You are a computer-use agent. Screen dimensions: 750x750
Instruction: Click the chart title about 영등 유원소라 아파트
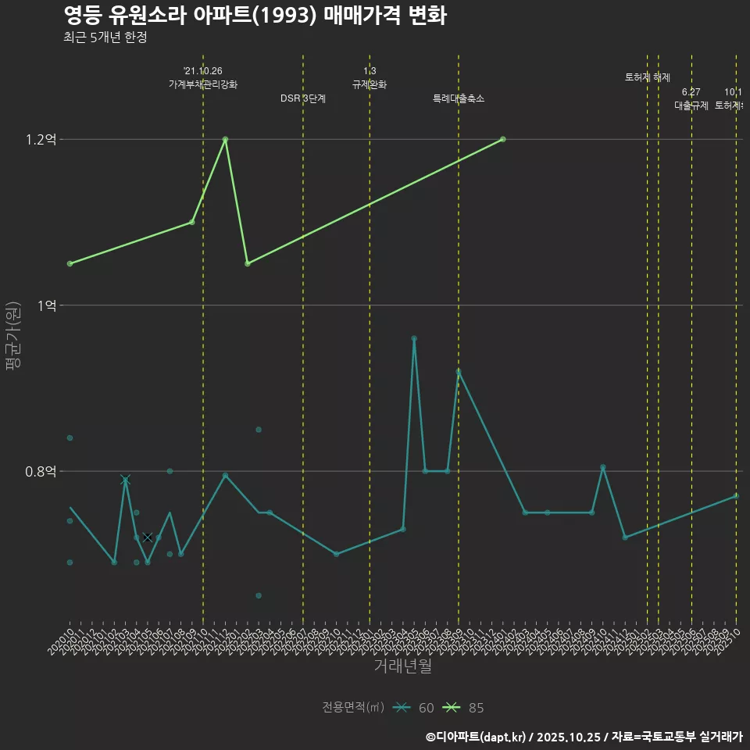click(255, 16)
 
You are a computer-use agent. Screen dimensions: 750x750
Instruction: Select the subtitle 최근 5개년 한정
click(105, 37)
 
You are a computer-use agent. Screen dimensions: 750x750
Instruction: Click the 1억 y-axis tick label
click(46, 305)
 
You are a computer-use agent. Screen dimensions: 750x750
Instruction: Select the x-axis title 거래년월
click(402, 666)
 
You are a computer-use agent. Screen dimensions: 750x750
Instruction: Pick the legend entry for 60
click(414, 708)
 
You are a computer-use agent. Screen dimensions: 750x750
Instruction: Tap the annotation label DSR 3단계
click(303, 98)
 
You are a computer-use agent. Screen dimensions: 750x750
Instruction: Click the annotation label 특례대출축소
click(459, 98)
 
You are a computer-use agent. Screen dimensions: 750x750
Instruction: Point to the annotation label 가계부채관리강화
click(203, 84)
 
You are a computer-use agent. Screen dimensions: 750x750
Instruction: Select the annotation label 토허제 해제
click(648, 77)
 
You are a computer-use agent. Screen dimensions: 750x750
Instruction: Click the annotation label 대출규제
click(691, 105)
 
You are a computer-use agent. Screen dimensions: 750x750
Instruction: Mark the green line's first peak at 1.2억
click(225, 139)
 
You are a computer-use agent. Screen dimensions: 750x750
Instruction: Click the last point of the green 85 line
click(502, 139)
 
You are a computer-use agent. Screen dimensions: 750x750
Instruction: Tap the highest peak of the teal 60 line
click(414, 338)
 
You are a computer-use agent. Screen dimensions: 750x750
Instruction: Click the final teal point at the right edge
click(736, 496)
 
